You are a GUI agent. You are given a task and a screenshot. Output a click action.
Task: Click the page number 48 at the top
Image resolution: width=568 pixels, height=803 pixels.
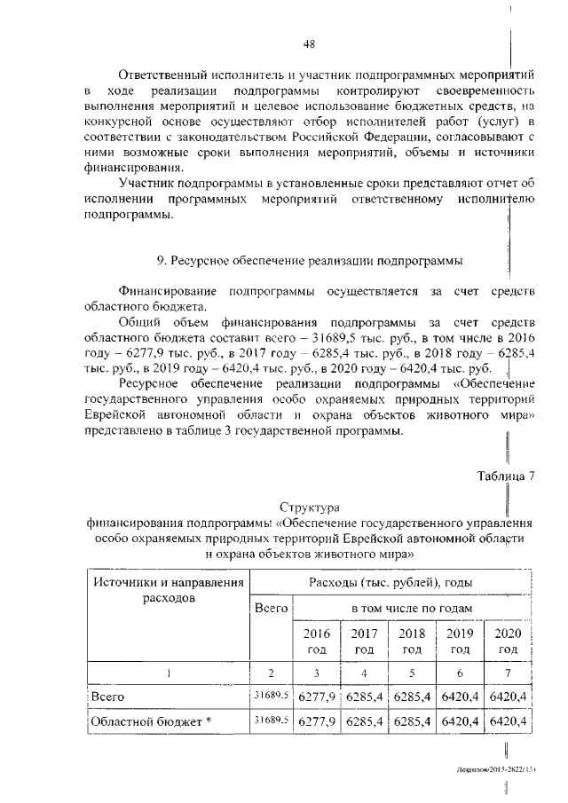coord(309,43)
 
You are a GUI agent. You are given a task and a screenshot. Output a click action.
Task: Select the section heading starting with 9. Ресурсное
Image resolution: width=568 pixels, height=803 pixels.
coord(310,260)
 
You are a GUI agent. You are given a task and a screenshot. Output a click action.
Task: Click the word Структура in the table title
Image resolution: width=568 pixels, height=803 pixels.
coord(309,508)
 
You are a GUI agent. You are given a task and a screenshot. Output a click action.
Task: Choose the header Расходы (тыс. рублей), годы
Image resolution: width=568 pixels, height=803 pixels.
coord(390,582)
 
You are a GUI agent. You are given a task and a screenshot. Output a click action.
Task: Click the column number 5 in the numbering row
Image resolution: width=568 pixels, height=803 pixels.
coord(412,673)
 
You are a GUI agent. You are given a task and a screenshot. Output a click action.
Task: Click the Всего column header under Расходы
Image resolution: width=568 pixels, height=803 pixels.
coord(270,609)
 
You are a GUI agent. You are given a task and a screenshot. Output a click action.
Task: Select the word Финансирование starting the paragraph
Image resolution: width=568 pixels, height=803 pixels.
coord(170,291)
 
